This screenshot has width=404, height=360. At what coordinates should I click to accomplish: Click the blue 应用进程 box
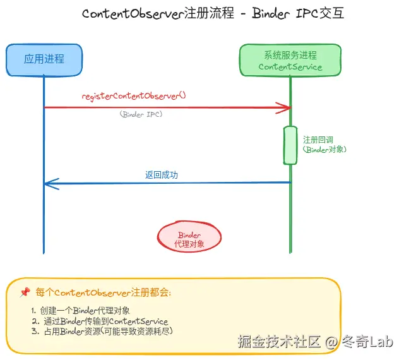[44, 59]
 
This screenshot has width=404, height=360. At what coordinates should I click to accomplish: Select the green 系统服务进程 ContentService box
[290, 60]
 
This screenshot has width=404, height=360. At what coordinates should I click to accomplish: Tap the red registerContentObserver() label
[134, 96]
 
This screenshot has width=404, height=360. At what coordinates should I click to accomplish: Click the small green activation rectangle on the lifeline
[290, 145]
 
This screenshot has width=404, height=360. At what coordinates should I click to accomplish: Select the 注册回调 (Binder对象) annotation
[324, 145]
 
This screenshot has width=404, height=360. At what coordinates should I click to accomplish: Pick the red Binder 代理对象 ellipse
[189, 238]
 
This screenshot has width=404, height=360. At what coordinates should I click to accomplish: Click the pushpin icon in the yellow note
[25, 292]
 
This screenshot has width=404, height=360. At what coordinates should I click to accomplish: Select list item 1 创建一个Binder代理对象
[81, 311]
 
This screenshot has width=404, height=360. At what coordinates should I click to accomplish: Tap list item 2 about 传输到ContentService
[100, 321]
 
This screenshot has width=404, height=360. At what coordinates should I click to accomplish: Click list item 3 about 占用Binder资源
[102, 331]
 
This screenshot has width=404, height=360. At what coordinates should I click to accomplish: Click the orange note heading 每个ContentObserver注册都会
[103, 292]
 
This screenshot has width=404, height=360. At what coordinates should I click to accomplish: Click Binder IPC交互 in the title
[297, 14]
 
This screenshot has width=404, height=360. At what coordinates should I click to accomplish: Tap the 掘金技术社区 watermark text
[278, 342]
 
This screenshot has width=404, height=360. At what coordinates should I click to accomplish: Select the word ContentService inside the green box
[290, 67]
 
